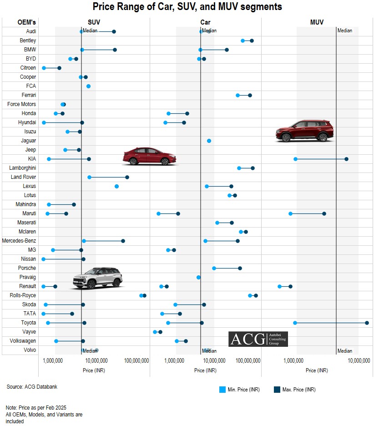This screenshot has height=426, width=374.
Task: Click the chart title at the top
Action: click(x=187, y=7)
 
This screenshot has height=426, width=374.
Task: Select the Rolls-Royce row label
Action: click(x=23, y=295)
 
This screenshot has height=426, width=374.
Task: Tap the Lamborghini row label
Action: click(x=23, y=168)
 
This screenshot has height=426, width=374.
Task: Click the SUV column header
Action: click(x=94, y=22)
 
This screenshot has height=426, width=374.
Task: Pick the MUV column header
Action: click(x=317, y=22)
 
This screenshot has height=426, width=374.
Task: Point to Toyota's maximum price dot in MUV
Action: click(x=367, y=323)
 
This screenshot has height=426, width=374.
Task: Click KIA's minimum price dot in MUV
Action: click(x=295, y=159)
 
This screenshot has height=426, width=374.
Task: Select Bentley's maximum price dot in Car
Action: click(x=252, y=41)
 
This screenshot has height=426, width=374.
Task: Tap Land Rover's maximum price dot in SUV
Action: click(x=127, y=177)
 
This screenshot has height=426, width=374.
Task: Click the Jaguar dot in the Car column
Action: click(x=209, y=141)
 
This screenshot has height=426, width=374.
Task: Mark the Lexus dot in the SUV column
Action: click(x=116, y=186)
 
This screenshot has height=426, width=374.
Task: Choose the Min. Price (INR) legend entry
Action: click(x=239, y=390)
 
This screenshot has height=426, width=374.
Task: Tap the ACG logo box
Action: click(x=258, y=339)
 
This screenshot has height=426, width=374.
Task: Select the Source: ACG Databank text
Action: click(x=32, y=387)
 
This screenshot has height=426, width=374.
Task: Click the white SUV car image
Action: click(x=98, y=278)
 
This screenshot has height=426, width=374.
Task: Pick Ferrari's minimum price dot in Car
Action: click(x=238, y=95)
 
